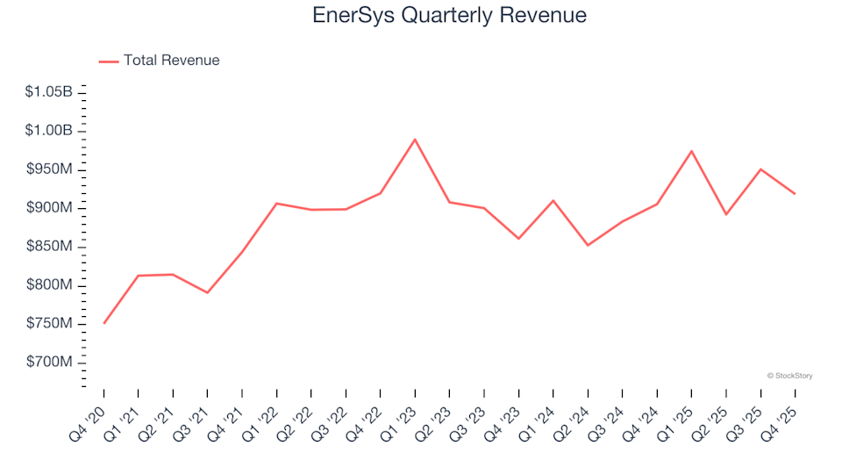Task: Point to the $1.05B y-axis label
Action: (x=49, y=92)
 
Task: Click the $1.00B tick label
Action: (x=49, y=131)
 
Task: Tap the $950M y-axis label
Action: (x=50, y=169)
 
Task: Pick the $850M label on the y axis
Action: (x=50, y=247)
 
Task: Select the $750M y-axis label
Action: (x=50, y=324)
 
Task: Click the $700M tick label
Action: (x=50, y=363)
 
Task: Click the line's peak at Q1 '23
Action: (x=415, y=139)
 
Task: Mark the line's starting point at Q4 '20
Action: (x=103, y=324)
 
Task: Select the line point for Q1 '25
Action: (x=691, y=151)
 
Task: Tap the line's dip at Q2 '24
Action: (x=588, y=245)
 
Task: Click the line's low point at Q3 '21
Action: (x=207, y=292)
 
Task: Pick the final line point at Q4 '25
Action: (x=795, y=194)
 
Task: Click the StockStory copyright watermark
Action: (x=789, y=376)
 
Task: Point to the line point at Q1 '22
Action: (x=276, y=204)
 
